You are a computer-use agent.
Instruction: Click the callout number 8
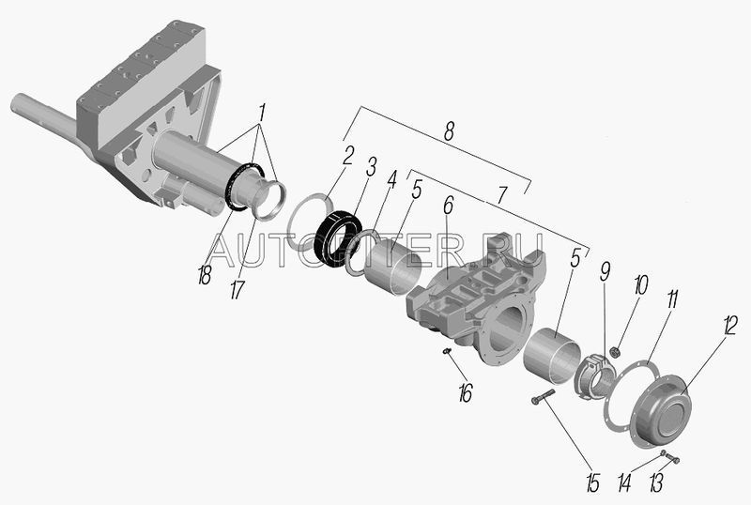point(449,130)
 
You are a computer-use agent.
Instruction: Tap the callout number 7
point(501,194)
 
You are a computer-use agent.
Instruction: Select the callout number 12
point(730,326)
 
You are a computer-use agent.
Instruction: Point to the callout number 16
point(465,393)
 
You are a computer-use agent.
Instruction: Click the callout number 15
point(593,482)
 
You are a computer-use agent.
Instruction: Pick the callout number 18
point(205,275)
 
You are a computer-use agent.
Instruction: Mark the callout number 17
point(237,290)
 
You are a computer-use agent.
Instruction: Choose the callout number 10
point(641,285)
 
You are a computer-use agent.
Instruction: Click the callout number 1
point(262,113)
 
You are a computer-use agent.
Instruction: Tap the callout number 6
point(448,206)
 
